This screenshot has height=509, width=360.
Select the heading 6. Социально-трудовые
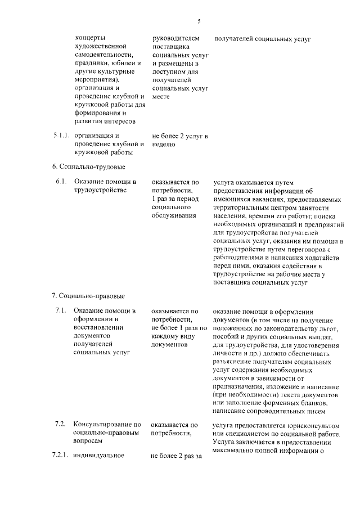click(x=88, y=167)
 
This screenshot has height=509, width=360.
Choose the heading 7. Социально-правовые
click(x=88, y=296)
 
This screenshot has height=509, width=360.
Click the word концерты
click(x=90, y=38)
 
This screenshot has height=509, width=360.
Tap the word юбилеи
click(x=118, y=64)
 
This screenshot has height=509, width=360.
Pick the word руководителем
click(x=175, y=38)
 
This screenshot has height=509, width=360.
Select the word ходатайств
click(x=321, y=258)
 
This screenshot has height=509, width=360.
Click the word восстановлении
click(x=101, y=328)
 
